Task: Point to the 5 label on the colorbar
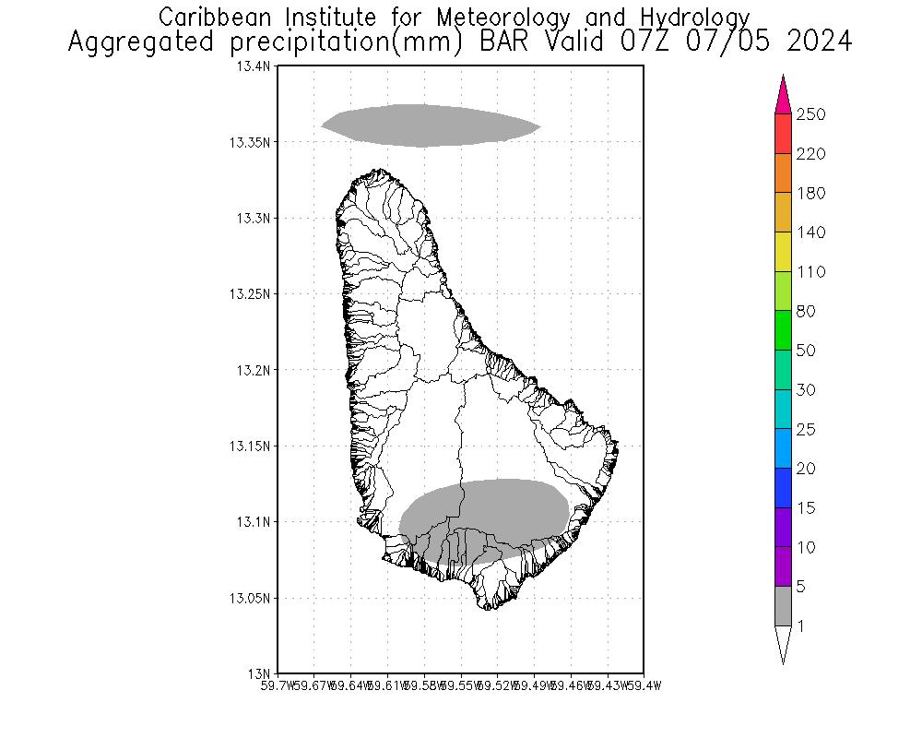802,586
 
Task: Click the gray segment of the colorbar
783,605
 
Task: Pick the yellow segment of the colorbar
783,252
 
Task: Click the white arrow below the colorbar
783,643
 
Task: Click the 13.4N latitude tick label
253,66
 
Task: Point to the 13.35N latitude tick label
249,142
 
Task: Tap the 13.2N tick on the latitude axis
253,370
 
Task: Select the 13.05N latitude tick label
249,598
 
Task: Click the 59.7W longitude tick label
278,685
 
